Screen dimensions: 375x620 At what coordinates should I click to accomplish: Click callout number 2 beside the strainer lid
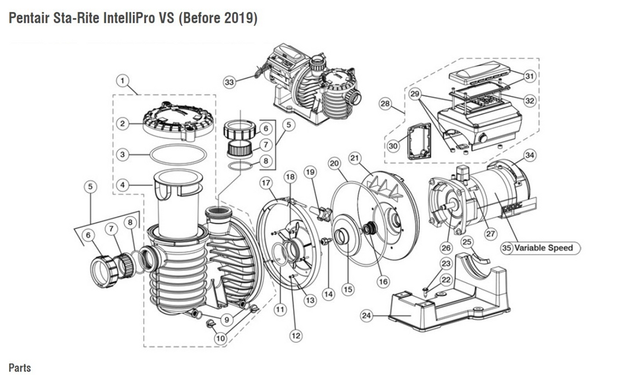(x=122, y=124)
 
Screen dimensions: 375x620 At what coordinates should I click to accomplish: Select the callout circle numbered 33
(x=230, y=83)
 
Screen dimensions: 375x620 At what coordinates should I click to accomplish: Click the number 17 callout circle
(x=266, y=183)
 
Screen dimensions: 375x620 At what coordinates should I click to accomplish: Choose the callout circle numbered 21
(x=355, y=158)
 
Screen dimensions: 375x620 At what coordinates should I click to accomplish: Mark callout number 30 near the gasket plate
(x=393, y=146)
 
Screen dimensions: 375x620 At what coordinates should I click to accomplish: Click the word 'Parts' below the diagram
(x=19, y=368)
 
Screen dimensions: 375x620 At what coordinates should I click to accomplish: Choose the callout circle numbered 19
(x=310, y=172)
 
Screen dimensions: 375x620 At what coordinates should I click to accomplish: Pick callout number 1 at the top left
(x=122, y=81)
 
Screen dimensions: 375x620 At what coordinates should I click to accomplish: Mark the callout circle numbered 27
(x=491, y=234)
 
